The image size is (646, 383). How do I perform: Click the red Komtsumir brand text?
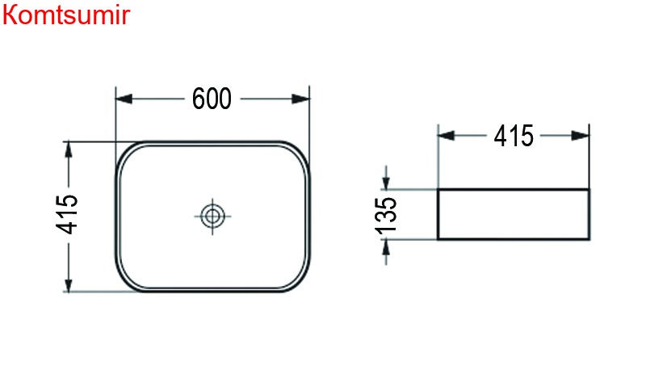tap(65, 15)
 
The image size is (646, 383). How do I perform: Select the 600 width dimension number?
tap(212, 99)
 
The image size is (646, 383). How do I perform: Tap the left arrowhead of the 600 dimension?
tap(124, 99)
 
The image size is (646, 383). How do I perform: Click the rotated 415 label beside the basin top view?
tap(68, 215)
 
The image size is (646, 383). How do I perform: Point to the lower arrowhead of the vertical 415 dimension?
tap(69, 284)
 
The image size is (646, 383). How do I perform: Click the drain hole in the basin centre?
tap(212, 216)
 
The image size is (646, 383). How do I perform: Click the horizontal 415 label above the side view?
tap(514, 136)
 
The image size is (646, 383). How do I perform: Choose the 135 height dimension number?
tap(386, 215)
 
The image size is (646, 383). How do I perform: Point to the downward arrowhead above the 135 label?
tap(387, 183)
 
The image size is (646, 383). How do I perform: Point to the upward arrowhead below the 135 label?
tap(387, 247)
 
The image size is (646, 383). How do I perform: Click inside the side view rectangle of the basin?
tap(513, 215)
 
